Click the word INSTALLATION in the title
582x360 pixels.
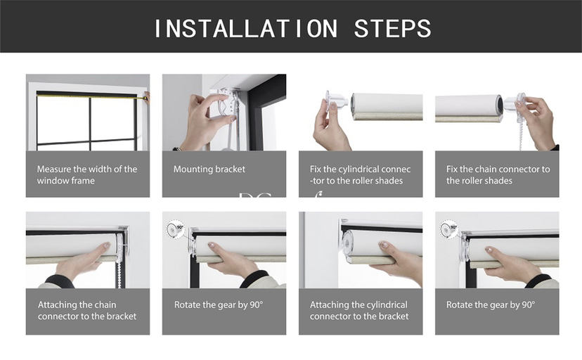pos(246,29)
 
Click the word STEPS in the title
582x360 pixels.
pos(393,29)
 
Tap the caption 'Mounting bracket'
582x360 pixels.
pos(209,169)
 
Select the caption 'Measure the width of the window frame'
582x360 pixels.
pos(87,175)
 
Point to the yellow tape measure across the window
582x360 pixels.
pos(89,96)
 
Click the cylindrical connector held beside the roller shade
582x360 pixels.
pos(336,102)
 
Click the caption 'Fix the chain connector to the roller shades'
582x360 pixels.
pos(498,175)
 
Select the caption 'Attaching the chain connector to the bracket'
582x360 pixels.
pos(87,310)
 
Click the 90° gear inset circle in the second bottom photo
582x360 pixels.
pos(176,229)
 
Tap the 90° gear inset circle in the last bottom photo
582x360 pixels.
pos(449,229)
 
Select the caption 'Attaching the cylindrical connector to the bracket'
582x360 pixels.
pos(359,310)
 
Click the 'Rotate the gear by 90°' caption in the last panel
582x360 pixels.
pos(491,305)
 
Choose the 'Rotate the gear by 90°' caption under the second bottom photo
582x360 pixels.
pos(219,305)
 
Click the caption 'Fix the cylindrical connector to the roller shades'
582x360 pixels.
pos(361,175)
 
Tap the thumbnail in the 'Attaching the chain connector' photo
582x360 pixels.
pos(107,245)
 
